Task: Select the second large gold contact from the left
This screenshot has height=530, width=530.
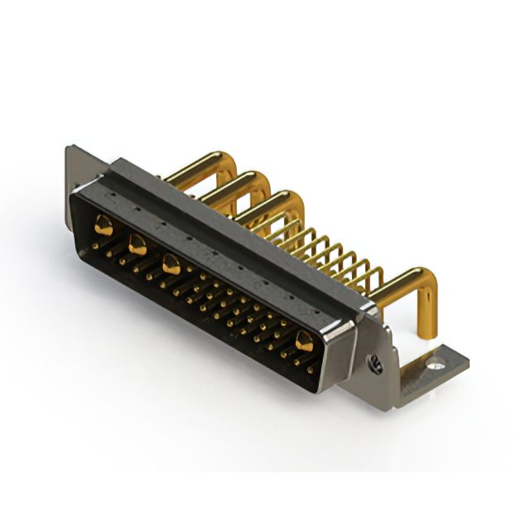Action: tap(137, 243)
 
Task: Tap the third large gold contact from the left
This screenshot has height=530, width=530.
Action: tap(171, 265)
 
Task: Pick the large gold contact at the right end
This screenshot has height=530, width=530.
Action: tap(305, 339)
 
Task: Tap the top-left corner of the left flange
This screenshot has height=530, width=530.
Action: tap(68, 147)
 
